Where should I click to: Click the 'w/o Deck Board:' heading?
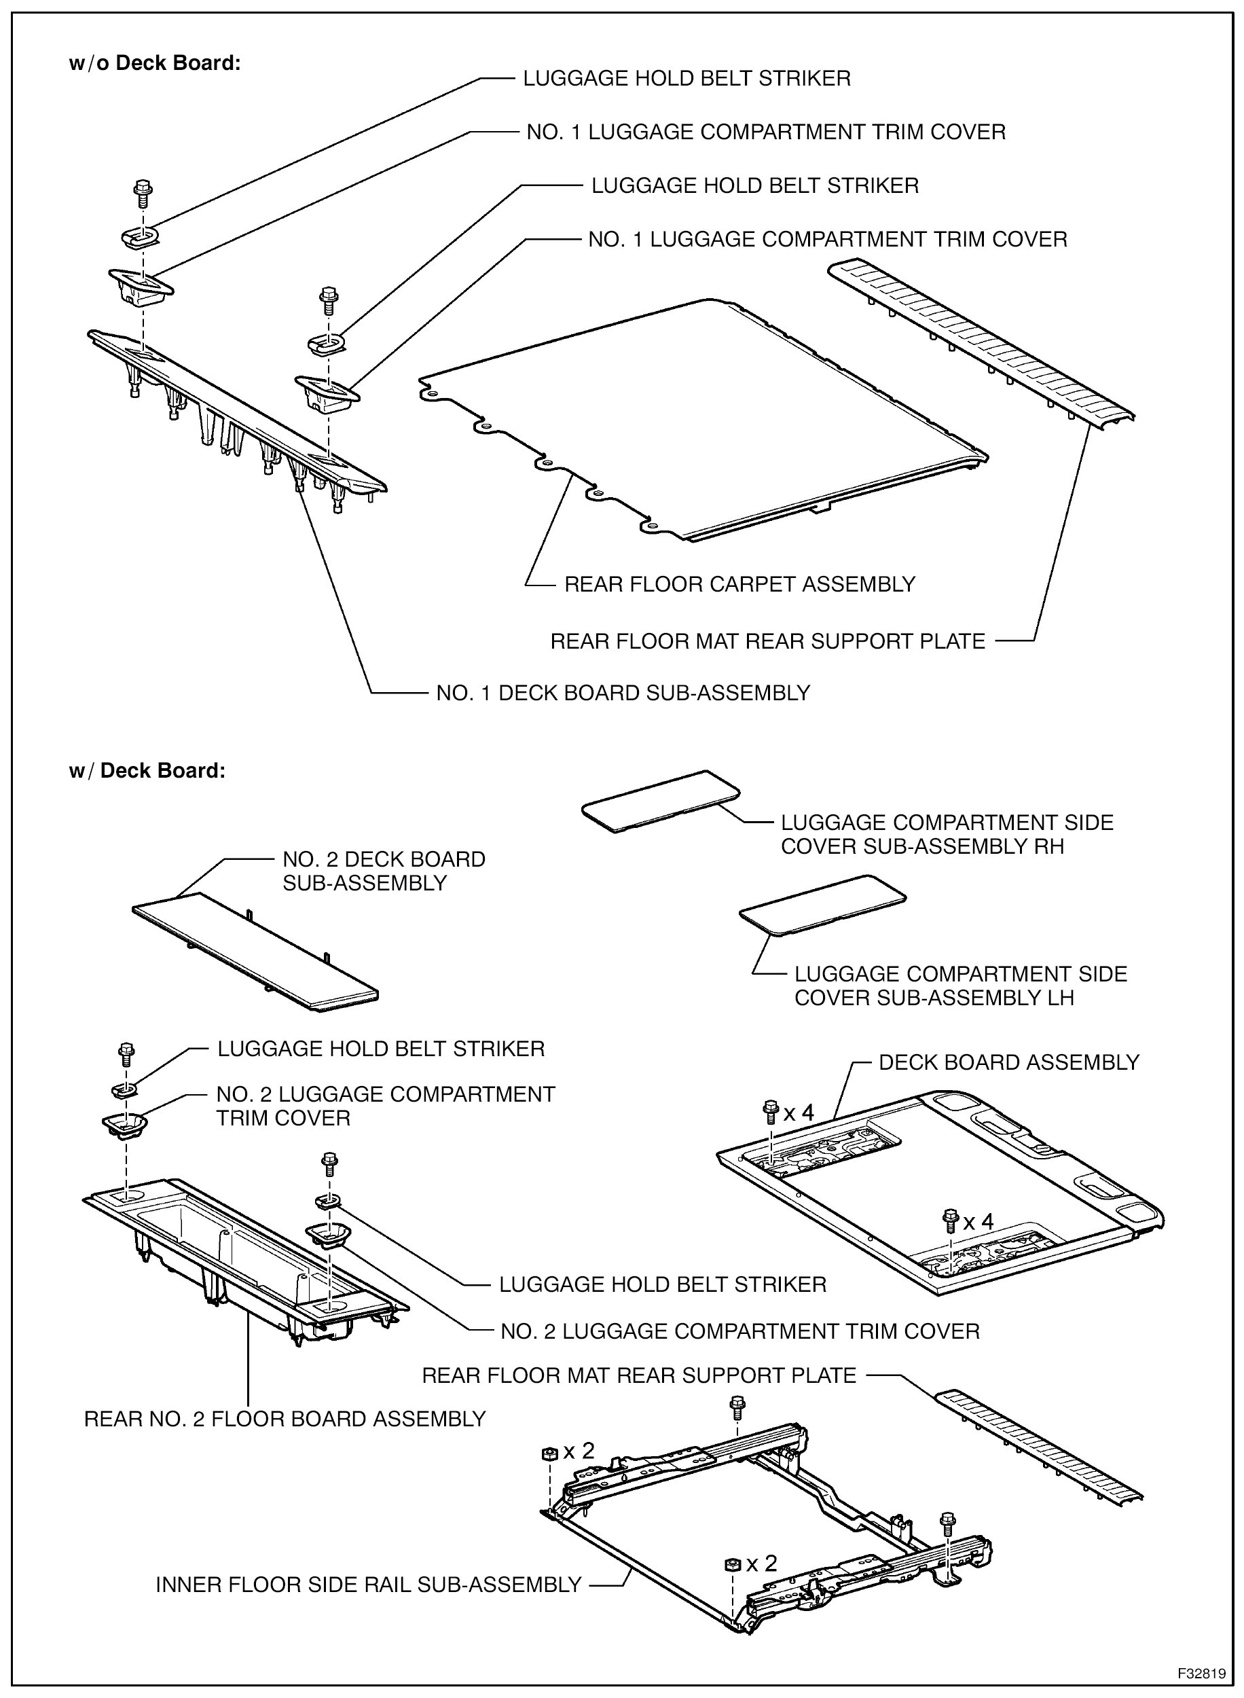(x=154, y=63)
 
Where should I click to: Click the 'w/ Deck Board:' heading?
(x=147, y=771)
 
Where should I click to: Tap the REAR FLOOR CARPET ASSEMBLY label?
(x=739, y=584)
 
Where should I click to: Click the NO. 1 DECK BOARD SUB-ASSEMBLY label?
(x=623, y=693)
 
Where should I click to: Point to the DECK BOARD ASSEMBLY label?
(x=1008, y=1062)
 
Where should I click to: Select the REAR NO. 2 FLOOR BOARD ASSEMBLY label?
(x=285, y=1419)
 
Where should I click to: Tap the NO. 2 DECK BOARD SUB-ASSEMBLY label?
(x=383, y=871)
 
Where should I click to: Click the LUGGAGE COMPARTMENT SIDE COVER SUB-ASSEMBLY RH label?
(x=947, y=834)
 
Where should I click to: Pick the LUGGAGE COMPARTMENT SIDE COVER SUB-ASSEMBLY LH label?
(x=960, y=986)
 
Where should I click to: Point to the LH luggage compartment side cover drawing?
(x=822, y=903)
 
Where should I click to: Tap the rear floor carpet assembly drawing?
(x=700, y=422)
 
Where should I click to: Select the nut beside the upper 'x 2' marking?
(x=549, y=1453)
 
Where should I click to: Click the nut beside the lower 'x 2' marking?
(x=731, y=1565)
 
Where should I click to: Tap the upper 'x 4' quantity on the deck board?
(x=798, y=1113)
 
